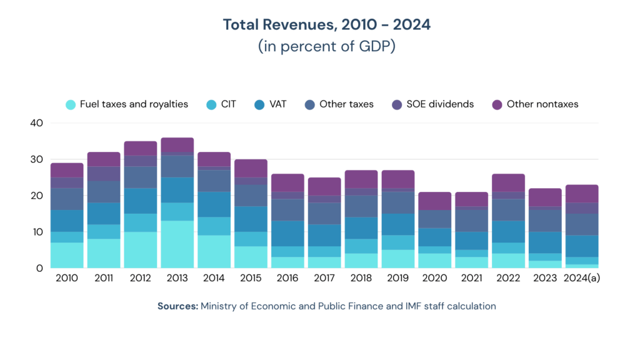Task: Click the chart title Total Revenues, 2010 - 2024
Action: (x=327, y=25)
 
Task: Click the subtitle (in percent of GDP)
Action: (x=327, y=47)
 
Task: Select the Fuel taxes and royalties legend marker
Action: (x=71, y=104)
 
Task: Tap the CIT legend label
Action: (x=229, y=104)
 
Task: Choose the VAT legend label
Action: (x=277, y=104)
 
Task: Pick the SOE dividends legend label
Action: (x=439, y=104)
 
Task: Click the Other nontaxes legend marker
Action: (x=497, y=104)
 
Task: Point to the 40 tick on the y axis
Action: (x=36, y=123)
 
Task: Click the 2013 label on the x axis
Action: (x=177, y=278)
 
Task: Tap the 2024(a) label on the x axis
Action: (x=582, y=278)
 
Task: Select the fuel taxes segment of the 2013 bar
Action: (x=177, y=244)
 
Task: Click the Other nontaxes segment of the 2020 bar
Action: (x=434, y=201)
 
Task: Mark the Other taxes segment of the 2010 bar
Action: (x=67, y=199)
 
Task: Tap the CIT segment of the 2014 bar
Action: (x=214, y=226)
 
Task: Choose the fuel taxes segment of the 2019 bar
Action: (x=397, y=259)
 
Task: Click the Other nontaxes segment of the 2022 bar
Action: (x=508, y=183)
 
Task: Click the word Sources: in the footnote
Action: (x=177, y=306)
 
